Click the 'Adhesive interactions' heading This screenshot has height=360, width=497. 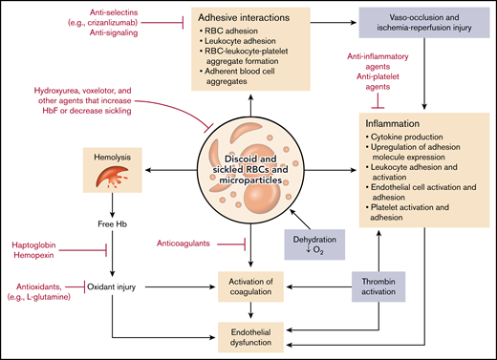pyautogui.click(x=245, y=18)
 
